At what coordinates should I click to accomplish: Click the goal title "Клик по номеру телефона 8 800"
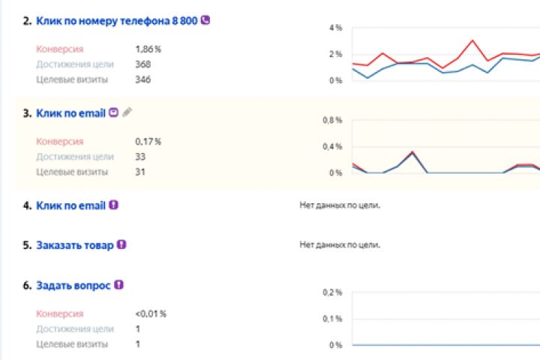pos(118,21)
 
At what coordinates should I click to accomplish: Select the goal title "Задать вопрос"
pos(73,286)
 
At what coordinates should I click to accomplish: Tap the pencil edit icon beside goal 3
pos(127,112)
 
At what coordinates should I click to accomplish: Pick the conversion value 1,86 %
pos(148,49)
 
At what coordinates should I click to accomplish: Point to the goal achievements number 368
pos(142,64)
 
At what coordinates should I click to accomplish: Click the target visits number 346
pos(142,79)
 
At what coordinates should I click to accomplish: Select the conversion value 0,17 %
pos(148,141)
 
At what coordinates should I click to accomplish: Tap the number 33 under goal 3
pos(140,157)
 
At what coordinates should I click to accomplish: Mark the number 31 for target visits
pos(140,172)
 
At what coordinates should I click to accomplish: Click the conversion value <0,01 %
pos(151,313)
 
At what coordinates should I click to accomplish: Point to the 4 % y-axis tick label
pos(335,28)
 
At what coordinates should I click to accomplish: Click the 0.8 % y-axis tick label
pos(331,119)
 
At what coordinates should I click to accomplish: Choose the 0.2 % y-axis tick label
pos(331,292)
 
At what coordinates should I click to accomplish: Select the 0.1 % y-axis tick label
pos(331,319)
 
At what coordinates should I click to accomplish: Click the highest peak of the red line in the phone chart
pos(472,40)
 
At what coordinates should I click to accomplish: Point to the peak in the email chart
pos(412,152)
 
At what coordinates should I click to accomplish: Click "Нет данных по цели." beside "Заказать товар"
pos(340,245)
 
